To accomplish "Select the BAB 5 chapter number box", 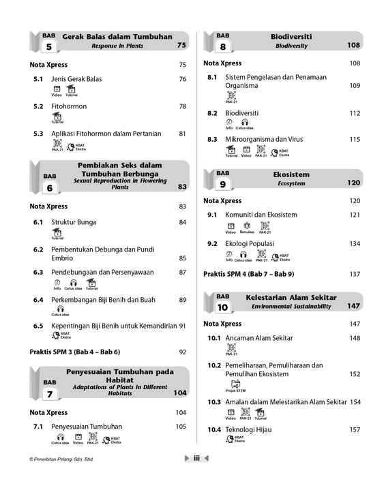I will click(x=49, y=45).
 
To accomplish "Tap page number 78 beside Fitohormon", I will click(x=182, y=107).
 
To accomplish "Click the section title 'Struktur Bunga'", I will click(x=74, y=222).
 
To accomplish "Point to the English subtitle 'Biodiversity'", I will click(x=291, y=46).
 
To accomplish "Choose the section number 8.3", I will click(x=212, y=139).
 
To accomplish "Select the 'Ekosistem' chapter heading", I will click(x=291, y=174).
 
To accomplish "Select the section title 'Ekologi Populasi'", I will click(x=250, y=243).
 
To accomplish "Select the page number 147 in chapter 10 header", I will click(x=353, y=306).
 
